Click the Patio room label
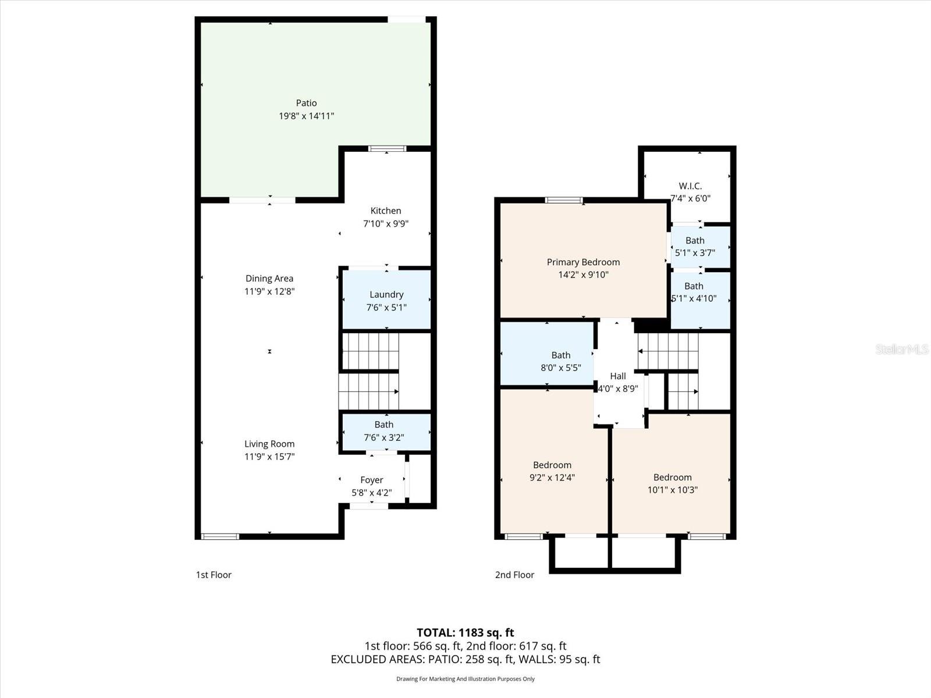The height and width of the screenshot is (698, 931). [x=306, y=103]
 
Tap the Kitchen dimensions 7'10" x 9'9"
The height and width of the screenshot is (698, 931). [x=386, y=223]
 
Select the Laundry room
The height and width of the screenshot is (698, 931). [x=386, y=300]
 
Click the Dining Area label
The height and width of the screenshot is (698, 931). [x=269, y=279]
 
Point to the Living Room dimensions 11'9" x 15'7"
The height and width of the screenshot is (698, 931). [x=269, y=457]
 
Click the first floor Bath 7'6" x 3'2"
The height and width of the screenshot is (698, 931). [x=384, y=431]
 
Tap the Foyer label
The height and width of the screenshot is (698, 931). [x=371, y=480]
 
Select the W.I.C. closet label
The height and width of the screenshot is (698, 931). [x=690, y=186]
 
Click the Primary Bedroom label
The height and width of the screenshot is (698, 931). [x=583, y=262]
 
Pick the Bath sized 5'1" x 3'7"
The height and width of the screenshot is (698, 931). [x=695, y=247]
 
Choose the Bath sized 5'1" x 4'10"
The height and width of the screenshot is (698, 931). [x=695, y=293]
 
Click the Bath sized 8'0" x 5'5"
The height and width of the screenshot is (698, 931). [x=560, y=361]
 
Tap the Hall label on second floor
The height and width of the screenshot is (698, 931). [x=618, y=376]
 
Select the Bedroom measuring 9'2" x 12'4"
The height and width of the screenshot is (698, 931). [x=552, y=471]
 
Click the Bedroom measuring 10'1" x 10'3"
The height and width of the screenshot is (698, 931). [x=672, y=483]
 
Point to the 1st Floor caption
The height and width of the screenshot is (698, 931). [x=214, y=575]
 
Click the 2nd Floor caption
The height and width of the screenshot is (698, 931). [x=514, y=575]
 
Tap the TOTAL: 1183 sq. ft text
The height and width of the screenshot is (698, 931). [x=465, y=632]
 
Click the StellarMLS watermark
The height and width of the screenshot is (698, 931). [x=901, y=349]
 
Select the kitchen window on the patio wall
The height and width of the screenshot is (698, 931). [x=388, y=149]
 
